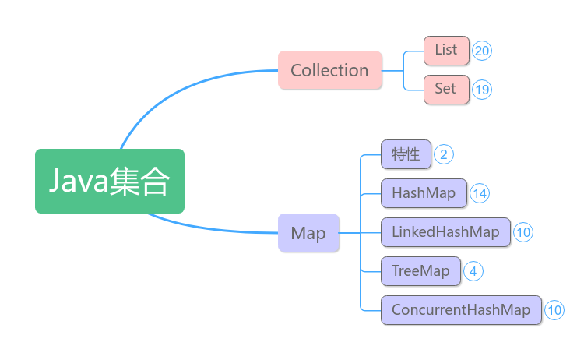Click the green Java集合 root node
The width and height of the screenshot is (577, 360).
tap(109, 181)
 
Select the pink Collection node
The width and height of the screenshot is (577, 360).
tap(329, 70)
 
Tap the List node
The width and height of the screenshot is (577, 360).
tap(446, 50)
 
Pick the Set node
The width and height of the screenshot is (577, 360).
tap(446, 89)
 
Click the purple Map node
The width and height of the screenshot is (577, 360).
tap(308, 233)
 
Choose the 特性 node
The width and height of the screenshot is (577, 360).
tap(406, 154)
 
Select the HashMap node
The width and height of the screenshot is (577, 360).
tap(424, 192)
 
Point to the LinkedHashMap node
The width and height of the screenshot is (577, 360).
tap(445, 232)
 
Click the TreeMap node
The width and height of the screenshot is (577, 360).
tap(420, 271)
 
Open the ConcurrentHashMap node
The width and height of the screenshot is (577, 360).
tap(461, 310)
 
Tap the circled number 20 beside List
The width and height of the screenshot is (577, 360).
tap(482, 51)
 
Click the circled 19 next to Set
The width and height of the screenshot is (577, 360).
tap(482, 90)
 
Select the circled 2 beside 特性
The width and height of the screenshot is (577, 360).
tap(444, 154)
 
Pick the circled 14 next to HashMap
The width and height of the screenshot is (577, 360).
tap(480, 193)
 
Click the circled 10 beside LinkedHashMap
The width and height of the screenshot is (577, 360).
tap(523, 232)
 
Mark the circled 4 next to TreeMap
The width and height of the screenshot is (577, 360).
tap(473, 271)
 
